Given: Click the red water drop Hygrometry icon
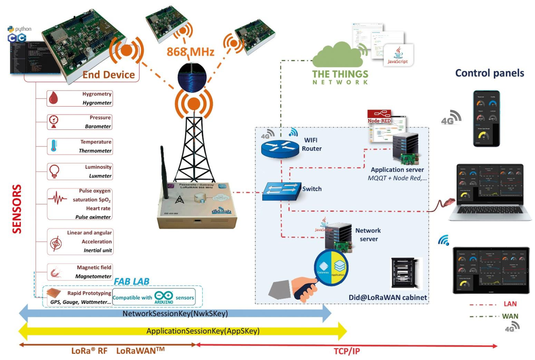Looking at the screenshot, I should (x=54, y=98).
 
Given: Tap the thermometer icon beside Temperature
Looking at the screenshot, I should (x=54, y=146).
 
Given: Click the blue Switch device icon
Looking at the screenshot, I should (x=281, y=190).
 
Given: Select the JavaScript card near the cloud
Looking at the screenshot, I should (x=398, y=55).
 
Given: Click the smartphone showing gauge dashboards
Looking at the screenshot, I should (x=486, y=118).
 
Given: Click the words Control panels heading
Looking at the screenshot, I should (x=490, y=73).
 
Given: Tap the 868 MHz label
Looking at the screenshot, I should (x=190, y=53).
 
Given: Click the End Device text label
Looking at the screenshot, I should (x=108, y=75).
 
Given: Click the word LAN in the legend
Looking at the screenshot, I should (x=510, y=304).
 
